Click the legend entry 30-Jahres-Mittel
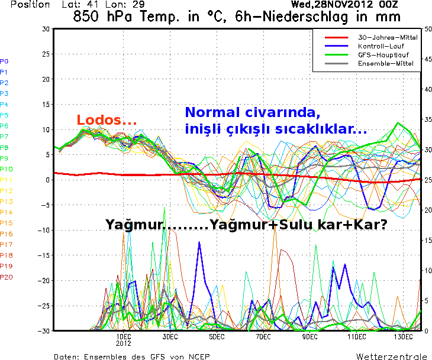click(388, 37)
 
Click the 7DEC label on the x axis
click(263, 336)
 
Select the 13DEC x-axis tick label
click(403, 336)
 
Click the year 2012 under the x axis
click(123, 343)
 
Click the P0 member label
click(4, 61)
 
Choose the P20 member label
click(6, 277)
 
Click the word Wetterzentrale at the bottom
click(392, 356)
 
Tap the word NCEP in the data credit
click(197, 356)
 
